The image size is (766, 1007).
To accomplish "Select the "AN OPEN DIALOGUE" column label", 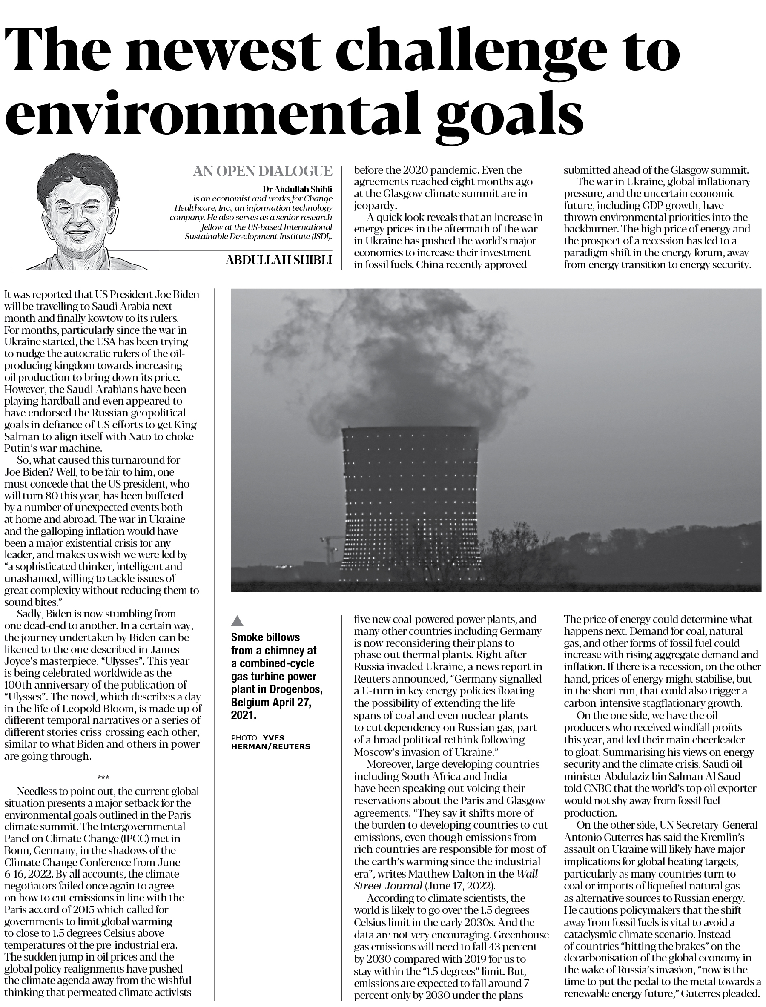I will pyautogui.click(x=262, y=172).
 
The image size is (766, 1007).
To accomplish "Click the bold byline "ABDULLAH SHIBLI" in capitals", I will pyautogui.click(x=278, y=260).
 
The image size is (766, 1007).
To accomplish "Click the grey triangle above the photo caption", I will pyautogui.click(x=238, y=620).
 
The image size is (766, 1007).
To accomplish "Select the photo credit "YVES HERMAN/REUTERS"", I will pyautogui.click(x=270, y=742).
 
